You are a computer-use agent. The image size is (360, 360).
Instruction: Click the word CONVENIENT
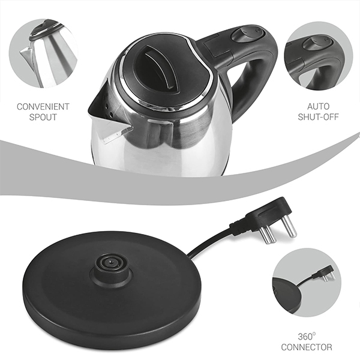(43, 107)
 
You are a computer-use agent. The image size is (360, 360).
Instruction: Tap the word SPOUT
(43, 117)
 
